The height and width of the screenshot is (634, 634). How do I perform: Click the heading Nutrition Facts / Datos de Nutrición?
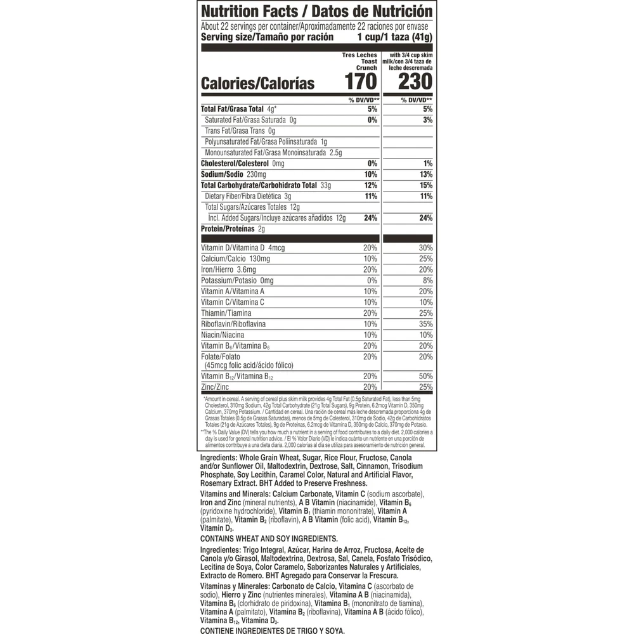tap(316, 12)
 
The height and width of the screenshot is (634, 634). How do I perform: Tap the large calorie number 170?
tap(361, 82)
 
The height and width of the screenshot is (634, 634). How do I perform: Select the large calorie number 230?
tap(415, 82)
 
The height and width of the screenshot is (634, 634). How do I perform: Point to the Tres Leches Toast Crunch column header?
tap(359, 61)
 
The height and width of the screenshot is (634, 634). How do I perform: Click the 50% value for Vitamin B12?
tap(425, 376)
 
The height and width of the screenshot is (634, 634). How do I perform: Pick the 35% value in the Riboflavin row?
tap(425, 323)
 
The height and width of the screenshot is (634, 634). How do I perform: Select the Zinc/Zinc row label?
tap(214, 387)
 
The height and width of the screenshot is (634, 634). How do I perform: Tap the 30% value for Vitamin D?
tap(425, 247)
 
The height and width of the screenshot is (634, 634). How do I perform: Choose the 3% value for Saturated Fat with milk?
tap(427, 120)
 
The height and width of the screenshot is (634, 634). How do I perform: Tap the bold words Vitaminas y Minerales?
tap(235, 586)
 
